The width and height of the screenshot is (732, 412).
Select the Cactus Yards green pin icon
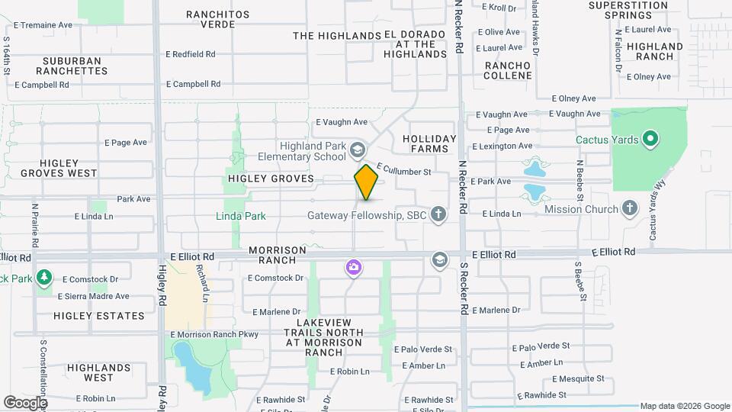click(x=650, y=140)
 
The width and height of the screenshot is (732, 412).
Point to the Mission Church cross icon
click(x=629, y=208)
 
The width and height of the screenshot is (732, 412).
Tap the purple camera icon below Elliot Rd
click(x=353, y=267)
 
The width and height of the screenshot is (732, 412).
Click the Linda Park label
click(x=240, y=216)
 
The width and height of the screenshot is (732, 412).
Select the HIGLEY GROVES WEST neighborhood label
click(x=59, y=167)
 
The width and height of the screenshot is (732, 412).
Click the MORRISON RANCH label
click(x=277, y=255)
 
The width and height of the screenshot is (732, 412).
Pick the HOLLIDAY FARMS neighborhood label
click(x=429, y=144)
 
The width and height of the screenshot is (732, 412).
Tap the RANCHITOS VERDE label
click(x=218, y=19)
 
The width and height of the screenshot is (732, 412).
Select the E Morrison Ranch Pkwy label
click(x=215, y=334)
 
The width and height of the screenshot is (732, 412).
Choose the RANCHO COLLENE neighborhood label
click(x=508, y=70)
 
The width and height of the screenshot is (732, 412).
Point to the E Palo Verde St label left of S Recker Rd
click(x=422, y=349)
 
